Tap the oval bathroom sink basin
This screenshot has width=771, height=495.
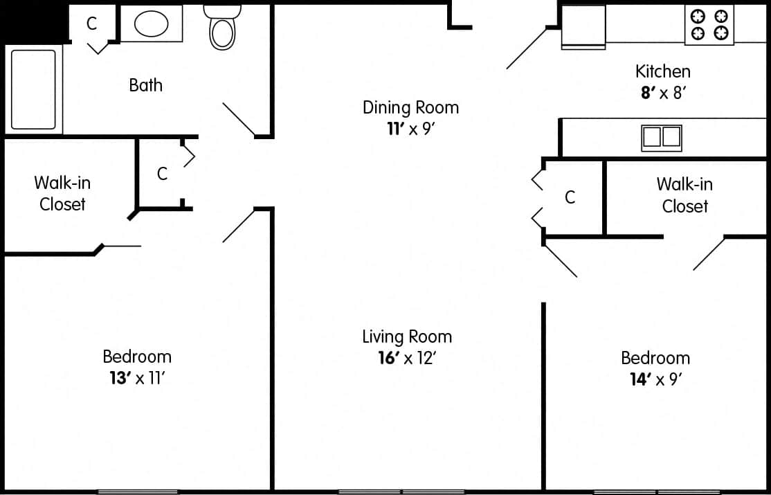tap(151, 24)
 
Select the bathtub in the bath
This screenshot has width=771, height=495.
tap(33, 89)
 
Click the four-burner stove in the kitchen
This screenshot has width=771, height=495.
tap(709, 24)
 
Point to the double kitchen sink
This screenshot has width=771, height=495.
tap(662, 138)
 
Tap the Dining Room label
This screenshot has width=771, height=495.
tap(410, 107)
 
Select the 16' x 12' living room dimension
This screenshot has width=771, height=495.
tap(407, 358)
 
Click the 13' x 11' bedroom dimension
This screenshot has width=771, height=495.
tap(136, 378)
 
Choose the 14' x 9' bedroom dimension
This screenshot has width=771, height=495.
tap(655, 379)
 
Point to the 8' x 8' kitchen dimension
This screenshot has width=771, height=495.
tap(662, 93)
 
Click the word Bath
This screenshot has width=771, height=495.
tap(146, 85)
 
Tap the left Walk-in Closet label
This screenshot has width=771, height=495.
tap(62, 193)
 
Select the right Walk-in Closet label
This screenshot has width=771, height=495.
tap(684, 195)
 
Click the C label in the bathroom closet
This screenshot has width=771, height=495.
tap(91, 24)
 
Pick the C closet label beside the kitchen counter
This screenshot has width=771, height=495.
tap(570, 197)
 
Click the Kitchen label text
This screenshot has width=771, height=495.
tap(662, 71)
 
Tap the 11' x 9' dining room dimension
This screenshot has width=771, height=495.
tap(410, 129)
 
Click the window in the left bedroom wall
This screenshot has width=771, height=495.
tap(138, 492)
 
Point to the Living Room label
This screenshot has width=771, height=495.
tap(407, 336)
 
